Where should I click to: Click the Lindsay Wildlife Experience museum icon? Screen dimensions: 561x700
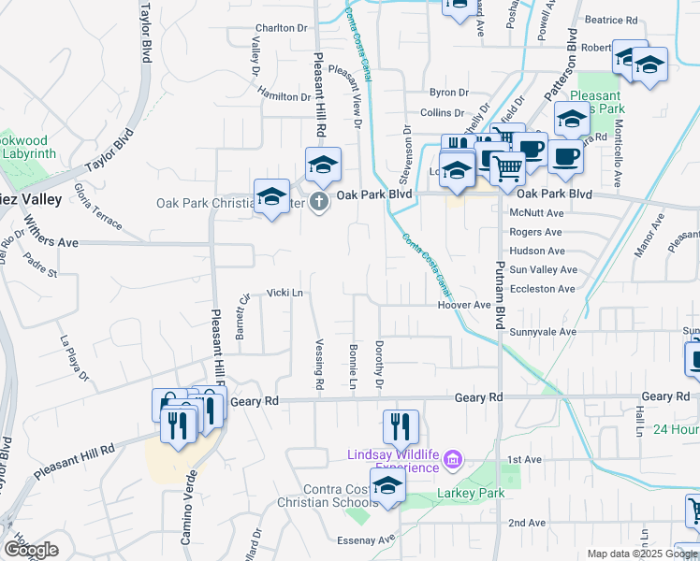click(x=452, y=459)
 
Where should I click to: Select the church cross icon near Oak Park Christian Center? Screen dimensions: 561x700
click(x=319, y=201)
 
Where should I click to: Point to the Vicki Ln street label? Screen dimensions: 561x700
click(x=286, y=293)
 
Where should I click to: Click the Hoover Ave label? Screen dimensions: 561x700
click(x=463, y=306)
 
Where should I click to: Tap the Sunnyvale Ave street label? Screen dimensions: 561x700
click(x=543, y=332)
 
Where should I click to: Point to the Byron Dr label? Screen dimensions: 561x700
click(x=448, y=93)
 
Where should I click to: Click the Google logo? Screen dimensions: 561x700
click(x=31, y=550)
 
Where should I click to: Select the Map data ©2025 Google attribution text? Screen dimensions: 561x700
click(x=641, y=554)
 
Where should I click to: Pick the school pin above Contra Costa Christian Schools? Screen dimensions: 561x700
click(x=387, y=484)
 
